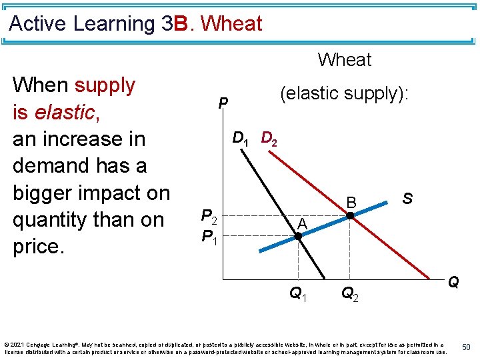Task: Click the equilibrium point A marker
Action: pos(298,235)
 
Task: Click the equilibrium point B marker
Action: pos(349,216)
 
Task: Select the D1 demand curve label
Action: pos(241,139)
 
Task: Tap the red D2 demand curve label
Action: pos(270,139)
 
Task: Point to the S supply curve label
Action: pos(407,199)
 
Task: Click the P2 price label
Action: pos(209,217)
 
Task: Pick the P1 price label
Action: pos(209,236)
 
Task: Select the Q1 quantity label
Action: pos(298,293)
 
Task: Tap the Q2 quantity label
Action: pos(350,293)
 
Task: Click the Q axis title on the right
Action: pos(453,282)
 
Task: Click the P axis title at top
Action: pos(224,103)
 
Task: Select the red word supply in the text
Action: pos(105,85)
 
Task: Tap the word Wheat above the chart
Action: pos(345,60)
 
